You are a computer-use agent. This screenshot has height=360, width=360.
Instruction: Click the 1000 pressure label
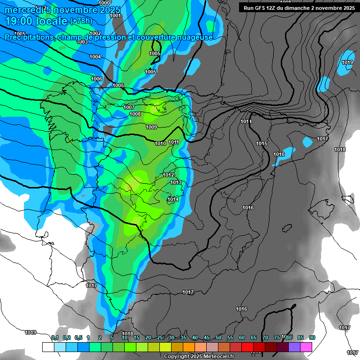(105, 3)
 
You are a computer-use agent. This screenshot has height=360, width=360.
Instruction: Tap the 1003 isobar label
(82, 42)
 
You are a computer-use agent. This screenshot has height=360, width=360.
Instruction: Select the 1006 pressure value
(97, 79)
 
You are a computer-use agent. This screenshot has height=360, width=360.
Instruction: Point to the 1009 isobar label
(151, 127)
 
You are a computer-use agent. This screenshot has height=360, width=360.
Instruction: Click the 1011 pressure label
(174, 142)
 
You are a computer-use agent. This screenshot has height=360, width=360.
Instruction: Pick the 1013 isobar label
(176, 182)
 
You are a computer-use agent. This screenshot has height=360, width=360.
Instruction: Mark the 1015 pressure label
(262, 143)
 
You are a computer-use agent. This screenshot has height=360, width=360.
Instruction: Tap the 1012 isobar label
(169, 175)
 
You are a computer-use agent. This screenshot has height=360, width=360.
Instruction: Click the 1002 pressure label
(95, 33)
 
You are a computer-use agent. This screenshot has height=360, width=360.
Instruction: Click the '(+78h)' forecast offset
(81, 21)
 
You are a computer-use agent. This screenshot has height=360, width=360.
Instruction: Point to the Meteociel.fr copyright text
(199, 356)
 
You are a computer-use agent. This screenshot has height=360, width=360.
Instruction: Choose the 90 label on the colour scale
(312, 337)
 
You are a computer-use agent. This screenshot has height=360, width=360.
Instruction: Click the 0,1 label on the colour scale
(55, 337)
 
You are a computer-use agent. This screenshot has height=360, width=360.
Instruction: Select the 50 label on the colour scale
(218, 337)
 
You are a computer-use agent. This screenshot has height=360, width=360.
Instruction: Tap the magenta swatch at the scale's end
(306, 347)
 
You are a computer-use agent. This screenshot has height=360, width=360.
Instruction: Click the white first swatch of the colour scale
(48, 347)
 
